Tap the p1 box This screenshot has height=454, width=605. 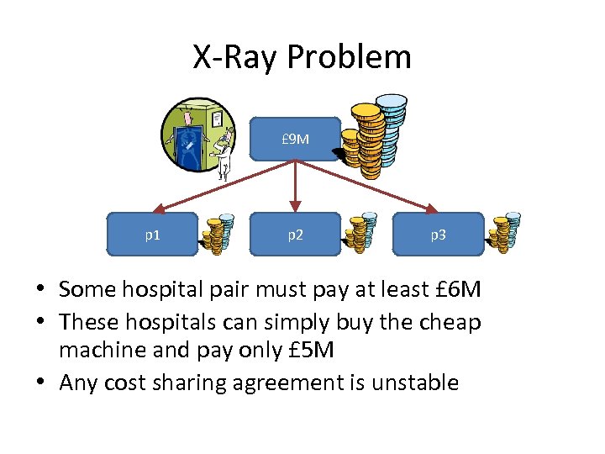(152, 235)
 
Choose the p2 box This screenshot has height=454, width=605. (295, 235)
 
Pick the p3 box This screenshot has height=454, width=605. (438, 235)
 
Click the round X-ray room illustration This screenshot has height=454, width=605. (199, 135)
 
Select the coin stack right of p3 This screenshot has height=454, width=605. (506, 234)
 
